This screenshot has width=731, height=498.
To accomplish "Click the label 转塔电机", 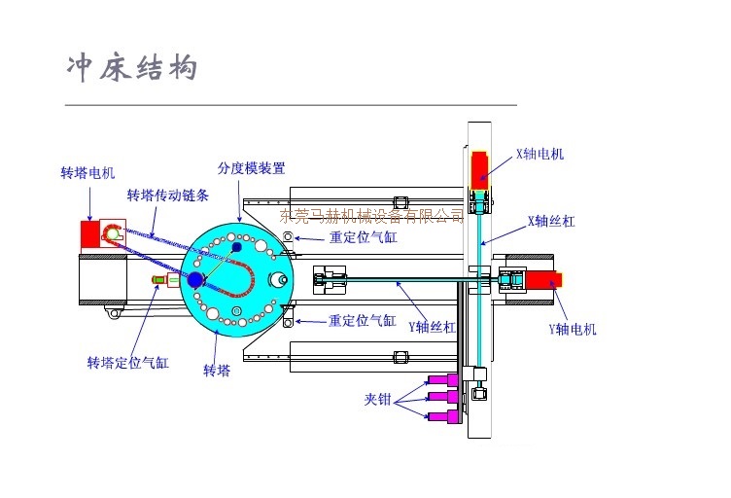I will click(87, 173).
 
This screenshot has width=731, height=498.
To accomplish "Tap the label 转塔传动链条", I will click(167, 196).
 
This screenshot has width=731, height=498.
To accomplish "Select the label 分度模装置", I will click(252, 168).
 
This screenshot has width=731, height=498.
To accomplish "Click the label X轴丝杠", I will click(551, 221).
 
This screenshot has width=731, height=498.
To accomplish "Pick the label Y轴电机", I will click(573, 329).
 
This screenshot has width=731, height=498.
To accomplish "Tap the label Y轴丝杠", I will click(432, 327).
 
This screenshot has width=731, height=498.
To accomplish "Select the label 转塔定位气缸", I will click(127, 363).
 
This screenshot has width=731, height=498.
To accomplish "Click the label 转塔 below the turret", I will click(216, 371).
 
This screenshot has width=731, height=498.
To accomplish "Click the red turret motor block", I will click(90, 233).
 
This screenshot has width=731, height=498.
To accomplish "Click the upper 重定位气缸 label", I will click(362, 236).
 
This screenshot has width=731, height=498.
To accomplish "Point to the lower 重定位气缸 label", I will click(362, 320).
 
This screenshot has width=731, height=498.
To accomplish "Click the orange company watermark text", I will click(372, 215).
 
